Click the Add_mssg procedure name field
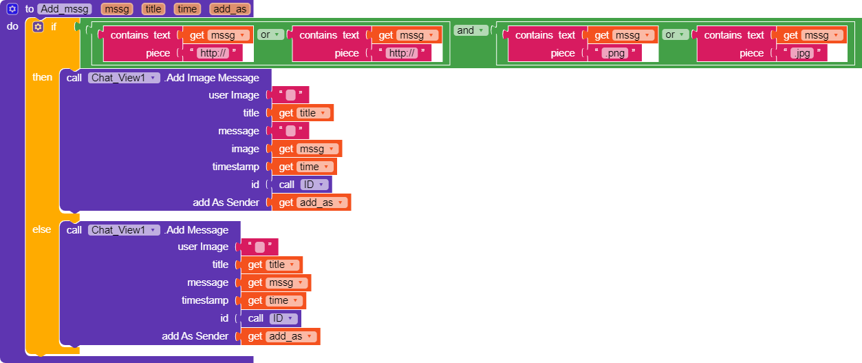coord(65,9)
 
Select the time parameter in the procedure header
coord(186,9)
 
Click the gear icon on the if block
coord(38,27)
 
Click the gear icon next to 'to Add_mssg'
coord(12,9)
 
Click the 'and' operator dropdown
coord(471,30)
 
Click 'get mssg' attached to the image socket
coord(307,149)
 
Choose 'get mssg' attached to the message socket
coord(276,282)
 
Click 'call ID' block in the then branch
coord(301,185)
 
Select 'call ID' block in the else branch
coord(270,318)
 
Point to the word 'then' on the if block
coord(42,77)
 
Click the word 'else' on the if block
coord(42,229)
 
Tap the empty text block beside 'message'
coord(290,131)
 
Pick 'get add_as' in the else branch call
coord(279,336)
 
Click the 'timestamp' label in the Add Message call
coord(205,300)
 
